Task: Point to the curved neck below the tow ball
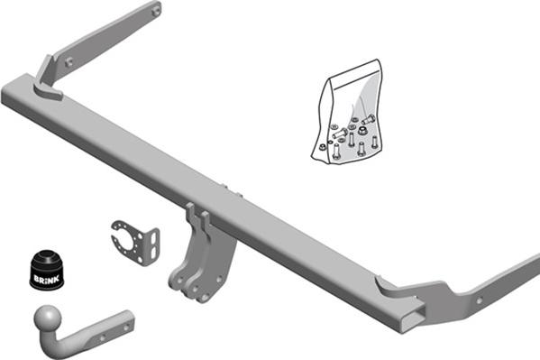coord(69,341)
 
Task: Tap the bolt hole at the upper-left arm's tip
coord(155,10)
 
